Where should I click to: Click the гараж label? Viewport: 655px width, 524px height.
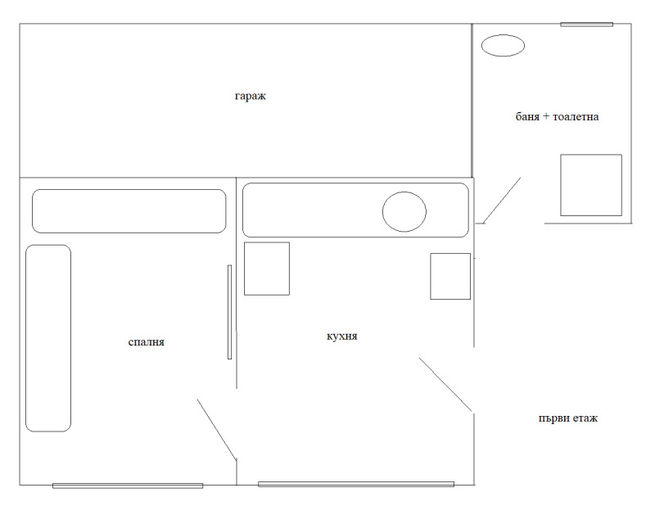(251, 97)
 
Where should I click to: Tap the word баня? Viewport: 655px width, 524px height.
(527, 116)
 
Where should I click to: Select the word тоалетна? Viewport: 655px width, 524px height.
(576, 116)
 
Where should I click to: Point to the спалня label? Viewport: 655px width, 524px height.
(147, 342)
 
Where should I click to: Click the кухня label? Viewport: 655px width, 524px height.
(341, 337)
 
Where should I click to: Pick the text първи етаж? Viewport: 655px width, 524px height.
(568, 418)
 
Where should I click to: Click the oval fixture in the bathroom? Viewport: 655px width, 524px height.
(503, 46)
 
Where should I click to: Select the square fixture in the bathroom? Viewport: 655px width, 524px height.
(591, 185)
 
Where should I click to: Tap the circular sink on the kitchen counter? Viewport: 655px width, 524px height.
(404, 211)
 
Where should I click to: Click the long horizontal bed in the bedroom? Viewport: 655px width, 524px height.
(129, 211)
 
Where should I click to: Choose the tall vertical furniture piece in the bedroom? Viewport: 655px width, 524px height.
(48, 338)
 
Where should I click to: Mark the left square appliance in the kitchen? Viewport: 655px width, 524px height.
(267, 269)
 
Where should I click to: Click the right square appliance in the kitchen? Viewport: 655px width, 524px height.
(450, 276)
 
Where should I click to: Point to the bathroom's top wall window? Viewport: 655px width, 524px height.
(586, 25)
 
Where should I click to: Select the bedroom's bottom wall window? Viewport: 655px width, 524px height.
(128, 486)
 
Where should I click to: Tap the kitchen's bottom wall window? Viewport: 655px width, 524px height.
(356, 485)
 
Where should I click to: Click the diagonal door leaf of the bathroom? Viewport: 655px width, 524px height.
(502, 200)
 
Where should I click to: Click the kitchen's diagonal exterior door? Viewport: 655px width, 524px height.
(445, 385)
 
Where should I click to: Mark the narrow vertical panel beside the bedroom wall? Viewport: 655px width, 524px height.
(230, 312)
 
